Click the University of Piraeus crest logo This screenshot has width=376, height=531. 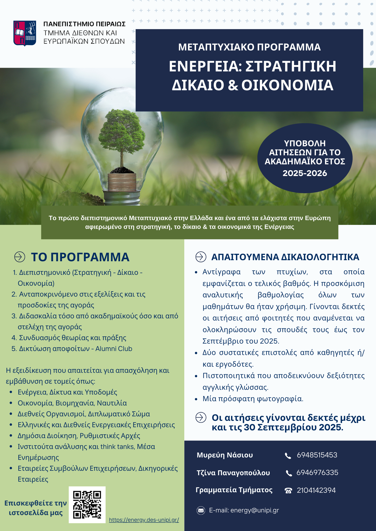coord(25,33)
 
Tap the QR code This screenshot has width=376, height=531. coord(87,505)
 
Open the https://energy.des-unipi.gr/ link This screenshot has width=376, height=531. coord(144,520)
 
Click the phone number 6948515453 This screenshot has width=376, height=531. coord(317,455)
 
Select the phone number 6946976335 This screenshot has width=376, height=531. coord(317,473)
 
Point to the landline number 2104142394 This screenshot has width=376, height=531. coord(316,490)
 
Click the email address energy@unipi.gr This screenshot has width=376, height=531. coord(254,510)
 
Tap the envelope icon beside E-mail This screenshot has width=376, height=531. coord(201,510)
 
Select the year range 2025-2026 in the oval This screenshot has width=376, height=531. coord(305,173)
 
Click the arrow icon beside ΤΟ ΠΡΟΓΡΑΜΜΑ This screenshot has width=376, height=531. coord(20,257)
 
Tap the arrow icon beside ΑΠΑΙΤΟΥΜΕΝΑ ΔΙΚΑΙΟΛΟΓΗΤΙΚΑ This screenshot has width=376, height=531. coord(201,257)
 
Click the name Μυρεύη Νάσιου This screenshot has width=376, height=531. coord(225,455)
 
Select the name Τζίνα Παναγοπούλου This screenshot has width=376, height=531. coord(233,473)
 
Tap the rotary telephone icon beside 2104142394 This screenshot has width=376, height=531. coord(288,490)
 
